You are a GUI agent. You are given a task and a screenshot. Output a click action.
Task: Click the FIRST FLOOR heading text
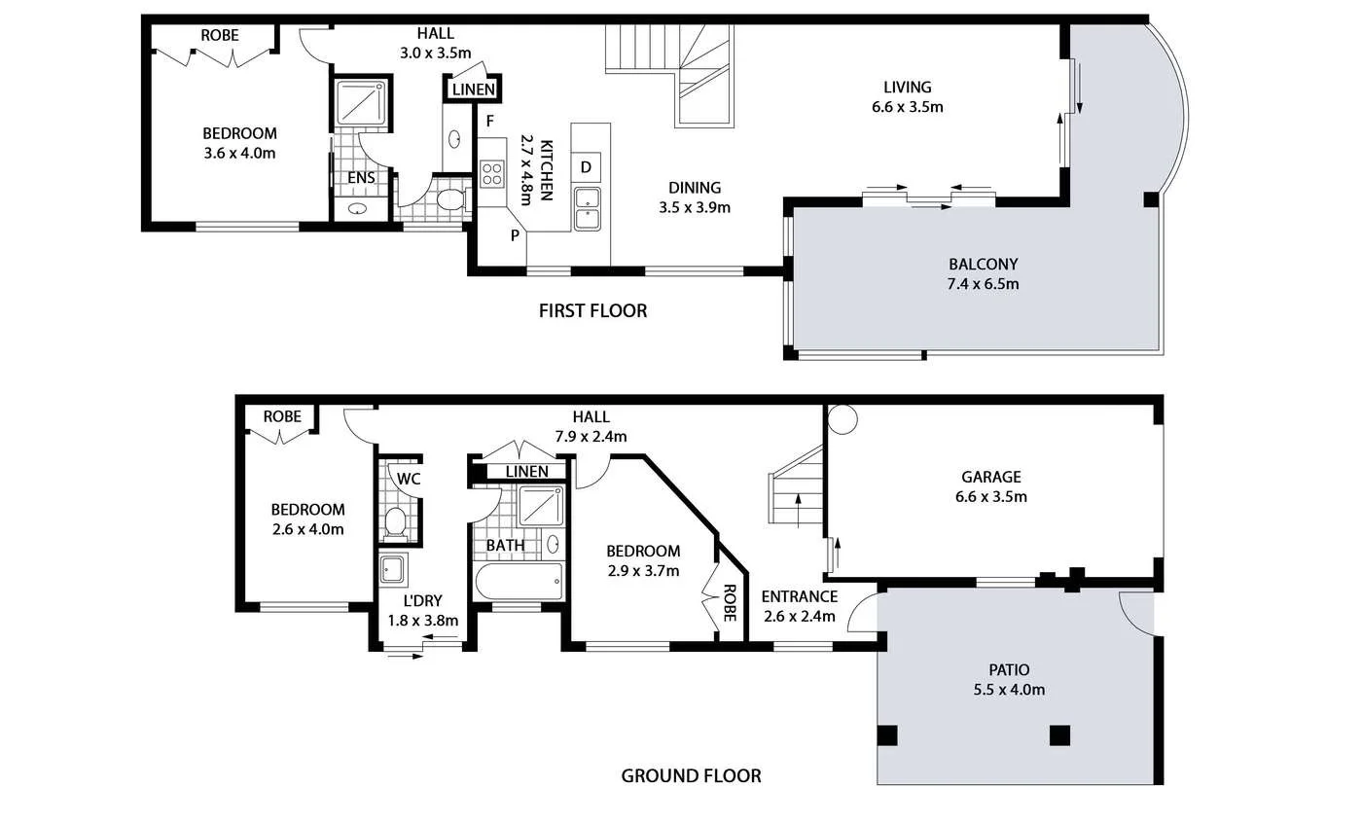click(x=592, y=311)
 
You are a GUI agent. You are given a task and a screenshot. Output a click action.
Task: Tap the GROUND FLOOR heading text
click(x=691, y=775)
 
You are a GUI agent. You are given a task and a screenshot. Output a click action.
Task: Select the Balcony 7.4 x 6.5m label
click(x=983, y=273)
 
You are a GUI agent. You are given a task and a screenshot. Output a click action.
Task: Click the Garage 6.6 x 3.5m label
click(x=991, y=486)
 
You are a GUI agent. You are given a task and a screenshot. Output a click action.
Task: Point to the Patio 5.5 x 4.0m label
click(x=1009, y=679)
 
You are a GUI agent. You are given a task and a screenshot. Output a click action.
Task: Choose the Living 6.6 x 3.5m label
click(x=908, y=96)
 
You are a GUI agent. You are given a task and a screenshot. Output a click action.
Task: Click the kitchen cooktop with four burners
click(x=492, y=174)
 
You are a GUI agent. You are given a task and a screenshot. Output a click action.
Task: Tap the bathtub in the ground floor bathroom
click(x=519, y=582)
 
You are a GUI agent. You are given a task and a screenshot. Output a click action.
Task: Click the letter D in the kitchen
click(x=586, y=166)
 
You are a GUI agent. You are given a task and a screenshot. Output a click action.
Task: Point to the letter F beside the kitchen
click(x=491, y=121)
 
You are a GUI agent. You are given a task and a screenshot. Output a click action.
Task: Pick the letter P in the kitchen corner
click(x=515, y=234)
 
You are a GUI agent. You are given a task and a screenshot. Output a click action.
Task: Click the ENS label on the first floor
click(x=361, y=178)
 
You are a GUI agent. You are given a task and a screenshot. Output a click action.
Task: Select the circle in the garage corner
click(x=840, y=418)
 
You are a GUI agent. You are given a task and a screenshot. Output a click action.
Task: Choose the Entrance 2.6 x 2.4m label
click(x=799, y=605)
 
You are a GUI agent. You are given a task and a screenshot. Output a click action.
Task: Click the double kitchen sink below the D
click(x=587, y=209)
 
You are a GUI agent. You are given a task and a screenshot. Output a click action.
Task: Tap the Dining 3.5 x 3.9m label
click(x=695, y=197)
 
